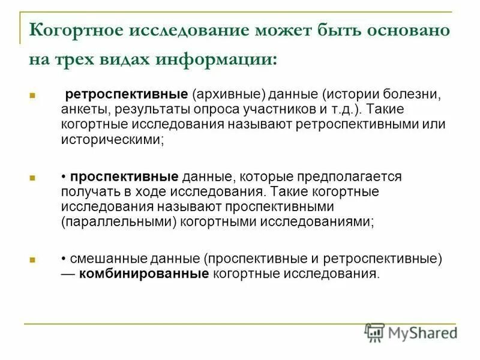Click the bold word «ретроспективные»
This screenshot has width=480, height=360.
pos(127,95)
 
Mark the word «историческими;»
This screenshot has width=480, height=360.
pos(112,139)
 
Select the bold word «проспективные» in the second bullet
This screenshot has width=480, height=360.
pos(124,178)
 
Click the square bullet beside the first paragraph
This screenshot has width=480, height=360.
pos(33,96)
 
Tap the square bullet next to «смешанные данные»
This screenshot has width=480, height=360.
pos(33,260)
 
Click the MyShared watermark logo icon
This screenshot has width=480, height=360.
pos(375,332)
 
